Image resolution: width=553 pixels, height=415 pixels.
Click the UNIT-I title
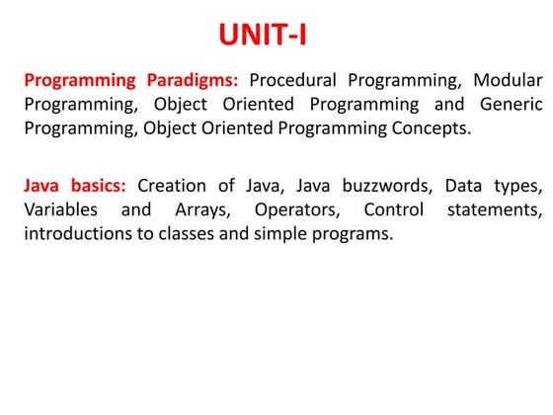pos(262,37)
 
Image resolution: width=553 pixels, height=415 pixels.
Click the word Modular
pos(507,80)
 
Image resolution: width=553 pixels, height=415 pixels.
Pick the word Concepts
pos(432,127)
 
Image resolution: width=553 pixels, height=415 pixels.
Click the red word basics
pos(97,186)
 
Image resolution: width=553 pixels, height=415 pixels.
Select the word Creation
pos(172,186)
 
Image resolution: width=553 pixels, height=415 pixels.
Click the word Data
pos(462,186)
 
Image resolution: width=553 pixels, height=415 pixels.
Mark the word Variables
pos(60,209)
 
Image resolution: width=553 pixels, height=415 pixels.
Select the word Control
pos(393,209)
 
